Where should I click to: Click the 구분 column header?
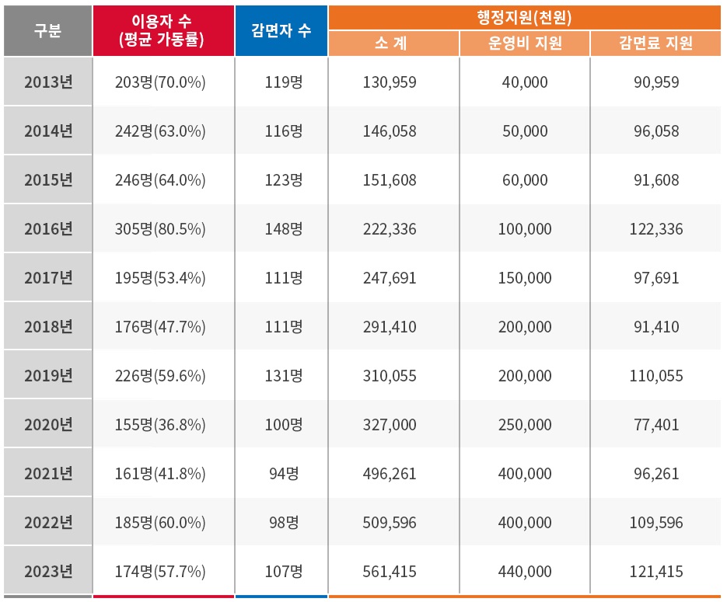47,30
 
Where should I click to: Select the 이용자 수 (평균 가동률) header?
163,30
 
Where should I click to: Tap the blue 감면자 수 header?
281,30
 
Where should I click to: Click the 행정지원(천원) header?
525,16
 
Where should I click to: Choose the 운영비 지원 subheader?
525,43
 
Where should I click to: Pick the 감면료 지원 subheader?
656,43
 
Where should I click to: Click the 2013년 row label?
47,82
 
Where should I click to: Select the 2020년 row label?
47,425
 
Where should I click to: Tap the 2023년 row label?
47,572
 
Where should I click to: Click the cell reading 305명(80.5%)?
163,229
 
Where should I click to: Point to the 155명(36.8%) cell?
163,425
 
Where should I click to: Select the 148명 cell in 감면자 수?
281,229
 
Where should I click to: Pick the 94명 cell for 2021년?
281,474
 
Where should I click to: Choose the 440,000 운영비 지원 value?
525,572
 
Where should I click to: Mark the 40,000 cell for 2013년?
525,82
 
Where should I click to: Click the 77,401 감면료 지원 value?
656,425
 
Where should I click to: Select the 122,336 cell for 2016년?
656,229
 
